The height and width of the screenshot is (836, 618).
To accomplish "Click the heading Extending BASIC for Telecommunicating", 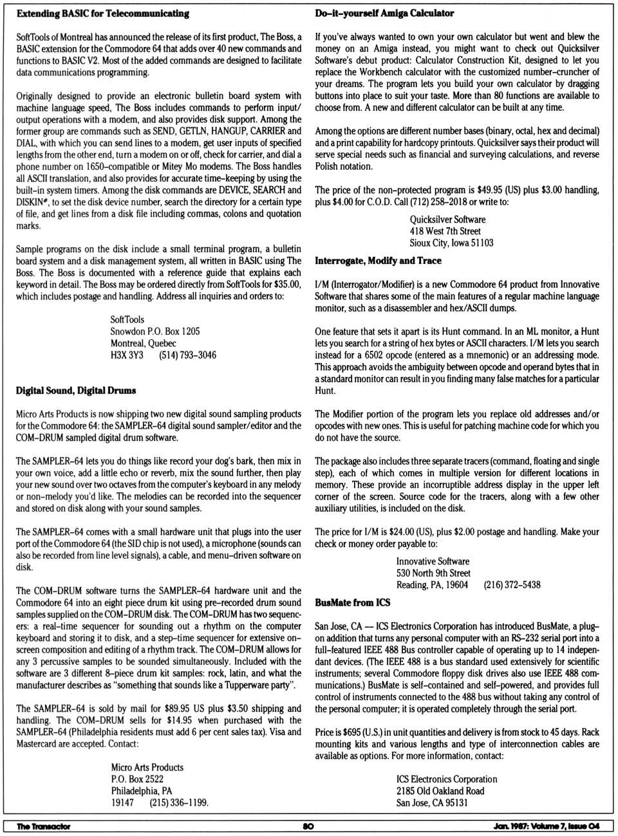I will tap(103, 14).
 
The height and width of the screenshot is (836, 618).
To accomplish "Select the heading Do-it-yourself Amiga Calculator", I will tap(384, 13).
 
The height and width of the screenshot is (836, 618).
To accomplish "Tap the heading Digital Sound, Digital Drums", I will tap(76, 390).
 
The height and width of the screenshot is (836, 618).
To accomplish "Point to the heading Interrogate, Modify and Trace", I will tap(378, 261).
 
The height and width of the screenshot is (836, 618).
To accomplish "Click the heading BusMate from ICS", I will tap(352, 602).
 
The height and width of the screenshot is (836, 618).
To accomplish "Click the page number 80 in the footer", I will tap(308, 826).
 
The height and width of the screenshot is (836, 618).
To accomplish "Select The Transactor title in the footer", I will tap(44, 826).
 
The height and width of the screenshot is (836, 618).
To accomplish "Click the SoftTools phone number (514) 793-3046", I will tap(187, 355).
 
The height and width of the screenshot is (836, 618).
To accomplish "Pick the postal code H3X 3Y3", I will tap(127, 355).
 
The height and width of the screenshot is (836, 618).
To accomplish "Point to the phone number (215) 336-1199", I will tap(178, 803).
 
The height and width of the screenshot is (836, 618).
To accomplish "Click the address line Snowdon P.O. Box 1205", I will tap(155, 331).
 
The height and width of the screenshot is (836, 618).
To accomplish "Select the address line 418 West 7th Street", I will tap(445, 231).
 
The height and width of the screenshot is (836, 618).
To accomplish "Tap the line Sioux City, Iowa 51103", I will tap(451, 243).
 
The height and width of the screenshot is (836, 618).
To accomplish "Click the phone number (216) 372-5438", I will tap(512, 584).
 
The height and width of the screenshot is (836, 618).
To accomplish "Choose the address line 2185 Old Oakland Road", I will tap(440, 791).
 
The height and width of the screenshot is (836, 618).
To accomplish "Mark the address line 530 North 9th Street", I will tap(433, 573).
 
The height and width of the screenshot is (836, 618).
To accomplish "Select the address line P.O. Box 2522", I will tap(137, 779).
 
